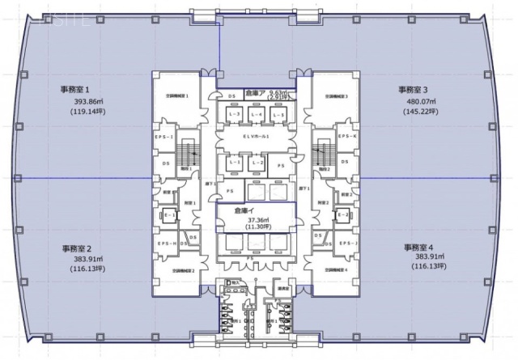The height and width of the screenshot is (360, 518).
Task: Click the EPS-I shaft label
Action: click(165, 138)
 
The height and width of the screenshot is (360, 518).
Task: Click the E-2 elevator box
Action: click(343, 214)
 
